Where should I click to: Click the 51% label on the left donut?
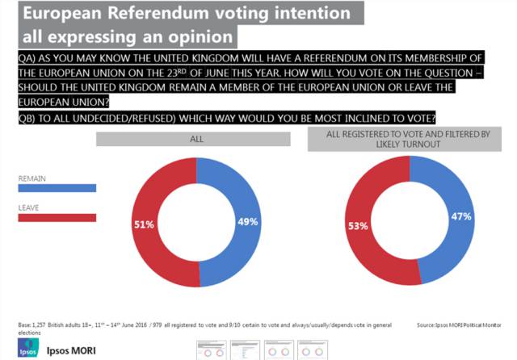click(145, 225)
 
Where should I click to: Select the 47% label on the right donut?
click(461, 216)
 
